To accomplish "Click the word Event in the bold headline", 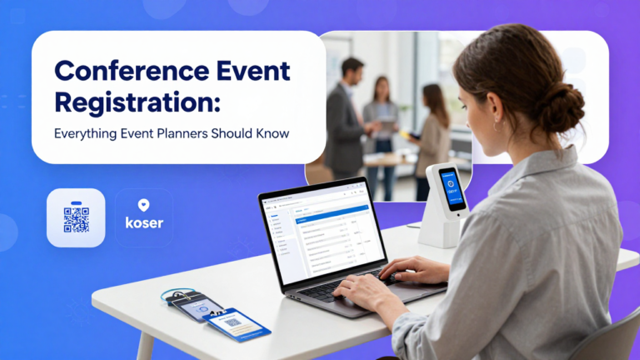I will pos(249,72).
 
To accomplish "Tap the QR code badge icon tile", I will pos(76,217).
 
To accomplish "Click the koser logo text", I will pos(144,224).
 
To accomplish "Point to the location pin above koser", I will pos(143,205).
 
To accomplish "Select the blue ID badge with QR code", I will pos(236,324).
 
